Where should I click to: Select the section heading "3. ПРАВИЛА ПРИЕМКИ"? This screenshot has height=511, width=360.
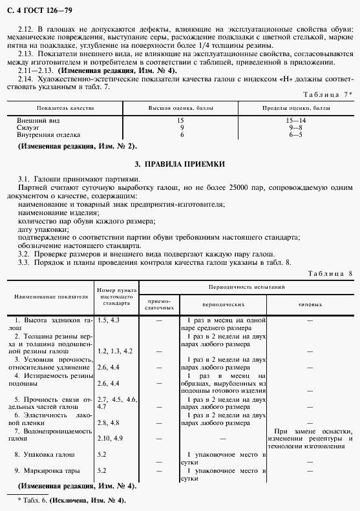point(180,165)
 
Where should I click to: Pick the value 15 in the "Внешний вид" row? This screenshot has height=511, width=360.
point(181,121)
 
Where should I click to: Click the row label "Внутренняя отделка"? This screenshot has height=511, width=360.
point(49,135)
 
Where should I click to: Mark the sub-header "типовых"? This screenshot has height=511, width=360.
point(310,303)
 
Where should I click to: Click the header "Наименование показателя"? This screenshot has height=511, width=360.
point(48,296)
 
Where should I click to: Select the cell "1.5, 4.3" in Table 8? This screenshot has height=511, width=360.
point(108,320)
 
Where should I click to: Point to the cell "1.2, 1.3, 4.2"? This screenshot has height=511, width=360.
point(114,350)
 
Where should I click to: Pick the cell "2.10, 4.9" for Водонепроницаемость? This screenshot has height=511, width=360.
point(110,439)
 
